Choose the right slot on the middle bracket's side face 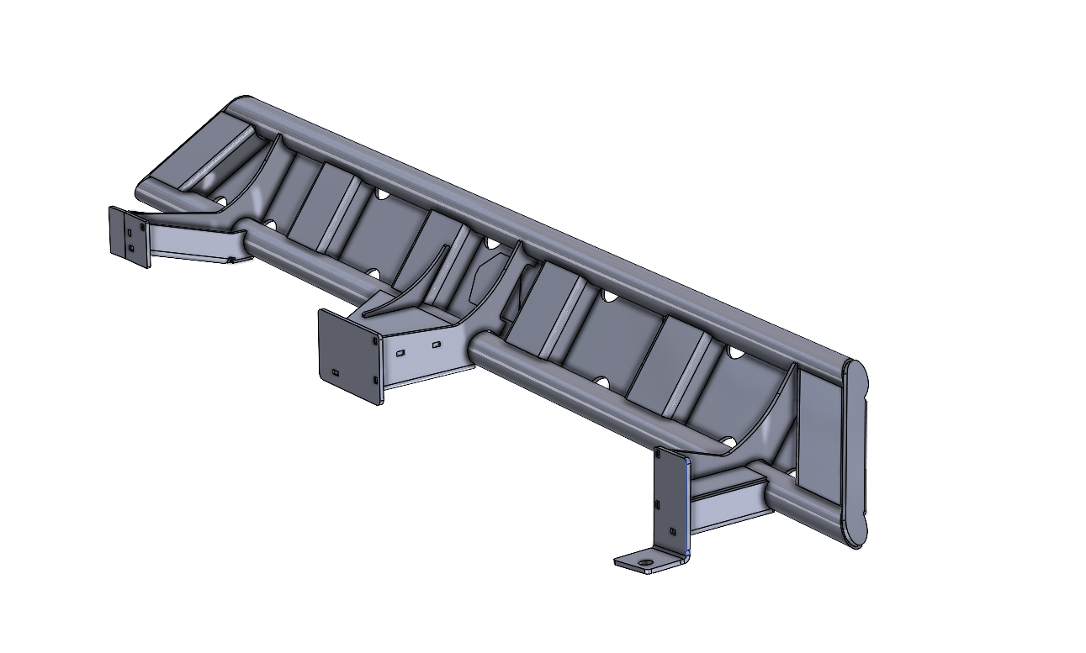click(x=436, y=345)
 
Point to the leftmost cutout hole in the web click(x=220, y=201)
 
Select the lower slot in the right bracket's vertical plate click(x=671, y=530)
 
